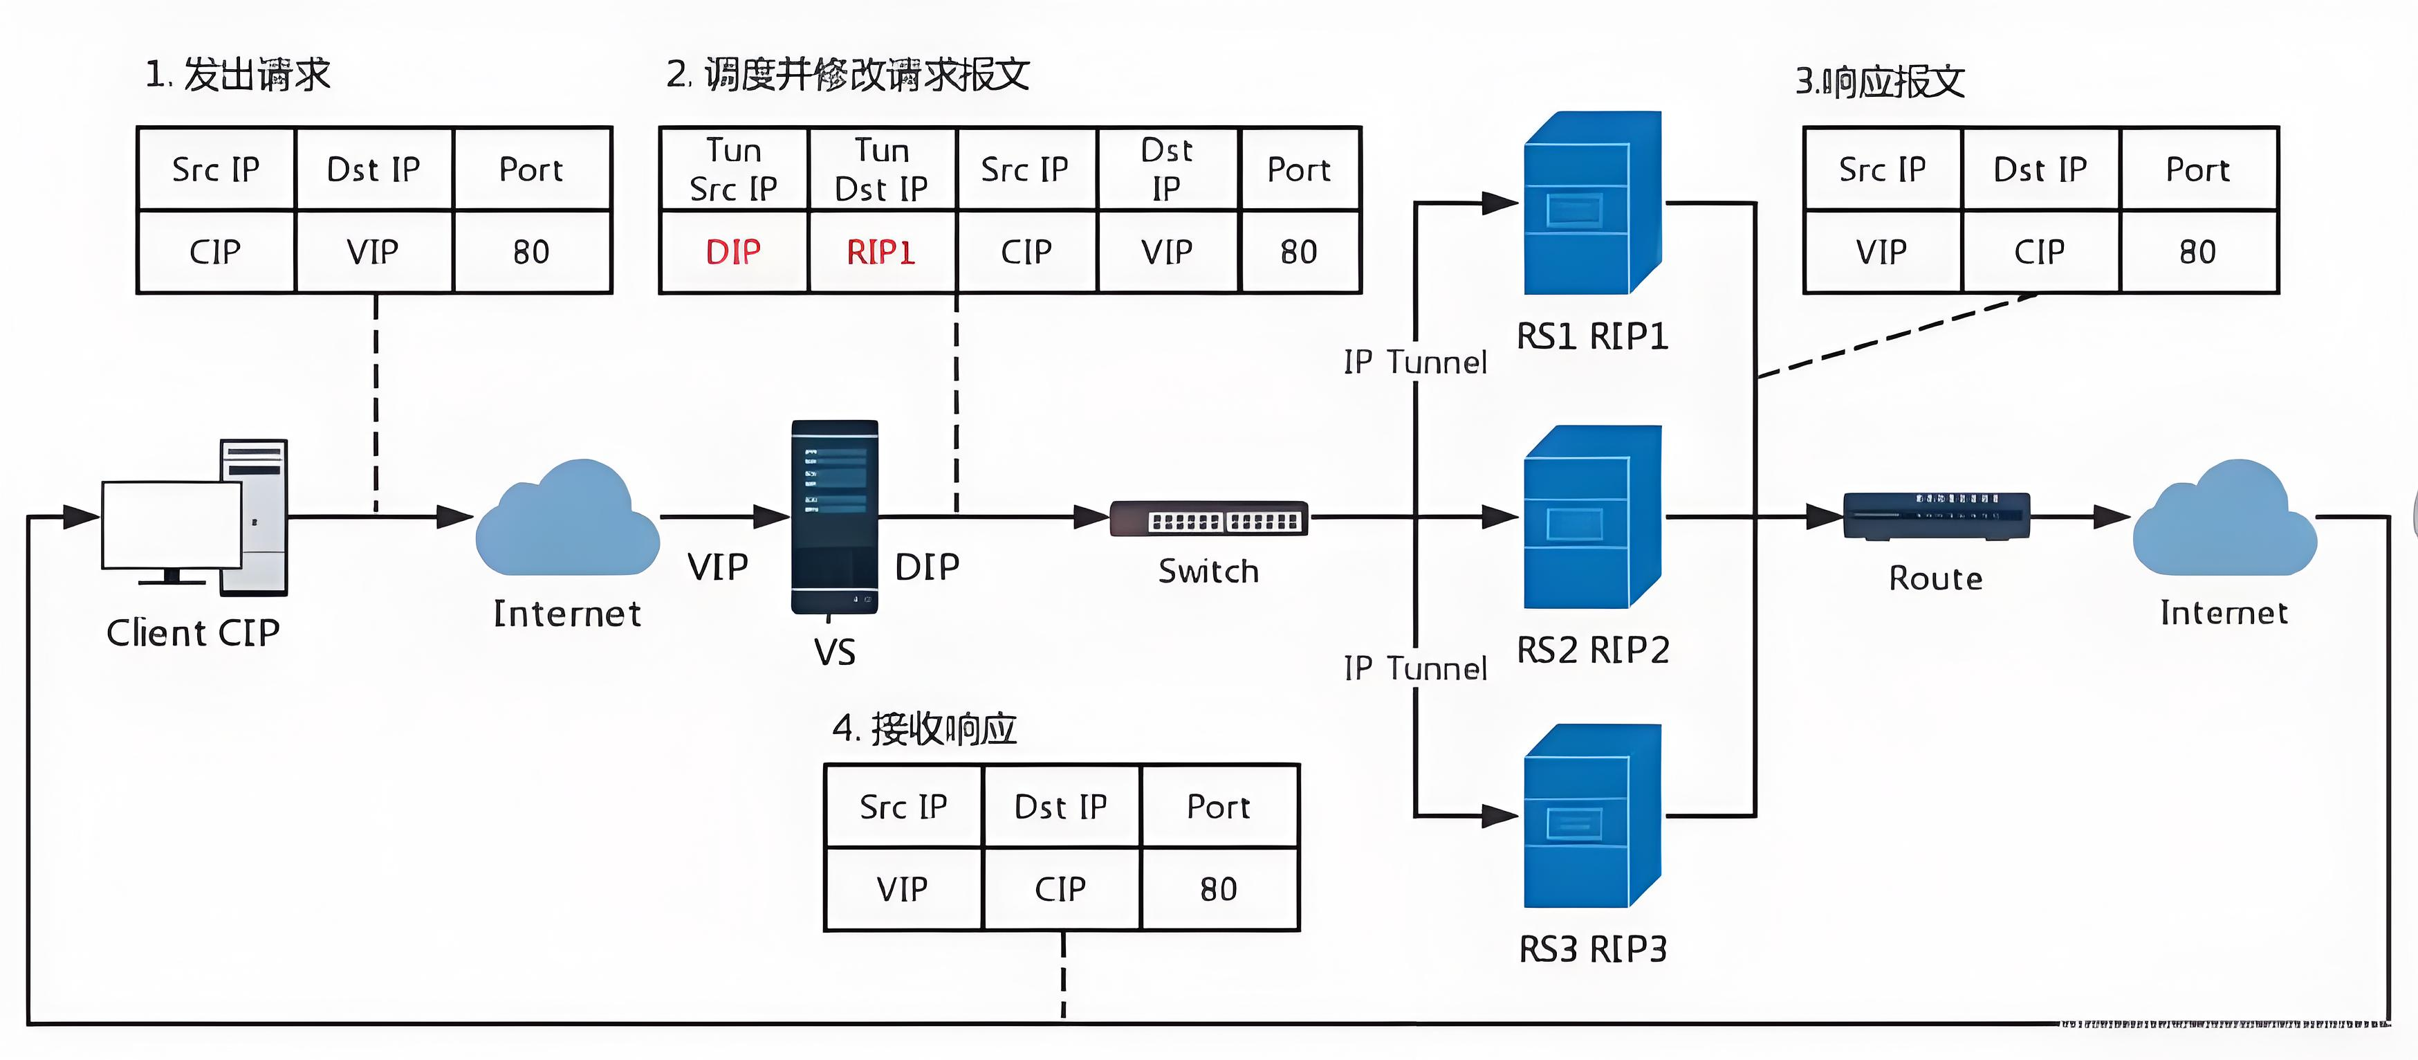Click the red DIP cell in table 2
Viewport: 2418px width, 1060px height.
click(733, 252)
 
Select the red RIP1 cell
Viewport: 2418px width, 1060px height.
click(880, 252)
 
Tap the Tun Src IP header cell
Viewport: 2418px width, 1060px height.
click(733, 169)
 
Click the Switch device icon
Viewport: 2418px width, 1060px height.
click(1209, 518)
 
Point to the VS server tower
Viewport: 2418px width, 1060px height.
click(834, 516)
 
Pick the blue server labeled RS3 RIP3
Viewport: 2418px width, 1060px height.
click(1593, 815)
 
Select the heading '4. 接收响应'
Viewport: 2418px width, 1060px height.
click(925, 729)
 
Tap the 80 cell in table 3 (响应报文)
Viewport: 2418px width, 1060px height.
click(2197, 252)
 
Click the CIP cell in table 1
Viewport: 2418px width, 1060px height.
click(215, 252)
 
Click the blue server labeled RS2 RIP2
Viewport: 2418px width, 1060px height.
click(1593, 516)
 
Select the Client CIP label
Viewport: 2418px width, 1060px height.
click(194, 633)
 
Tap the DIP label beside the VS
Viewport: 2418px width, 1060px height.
click(927, 567)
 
